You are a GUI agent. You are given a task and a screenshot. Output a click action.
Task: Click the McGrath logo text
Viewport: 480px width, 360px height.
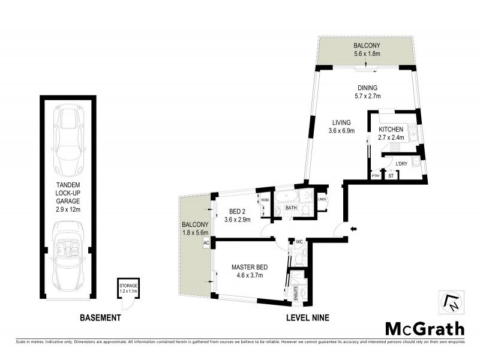pos(424,328)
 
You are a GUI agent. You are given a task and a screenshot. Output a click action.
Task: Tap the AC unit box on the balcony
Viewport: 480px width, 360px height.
pos(206,243)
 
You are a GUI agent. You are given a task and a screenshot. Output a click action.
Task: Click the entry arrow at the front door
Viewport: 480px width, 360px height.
pos(353,228)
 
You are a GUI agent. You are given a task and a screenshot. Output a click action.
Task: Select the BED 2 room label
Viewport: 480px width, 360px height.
pos(238,211)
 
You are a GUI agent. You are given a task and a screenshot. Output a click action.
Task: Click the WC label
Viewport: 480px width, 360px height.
pos(298,242)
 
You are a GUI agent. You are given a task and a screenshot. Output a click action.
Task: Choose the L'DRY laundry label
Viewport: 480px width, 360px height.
pos(401,162)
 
